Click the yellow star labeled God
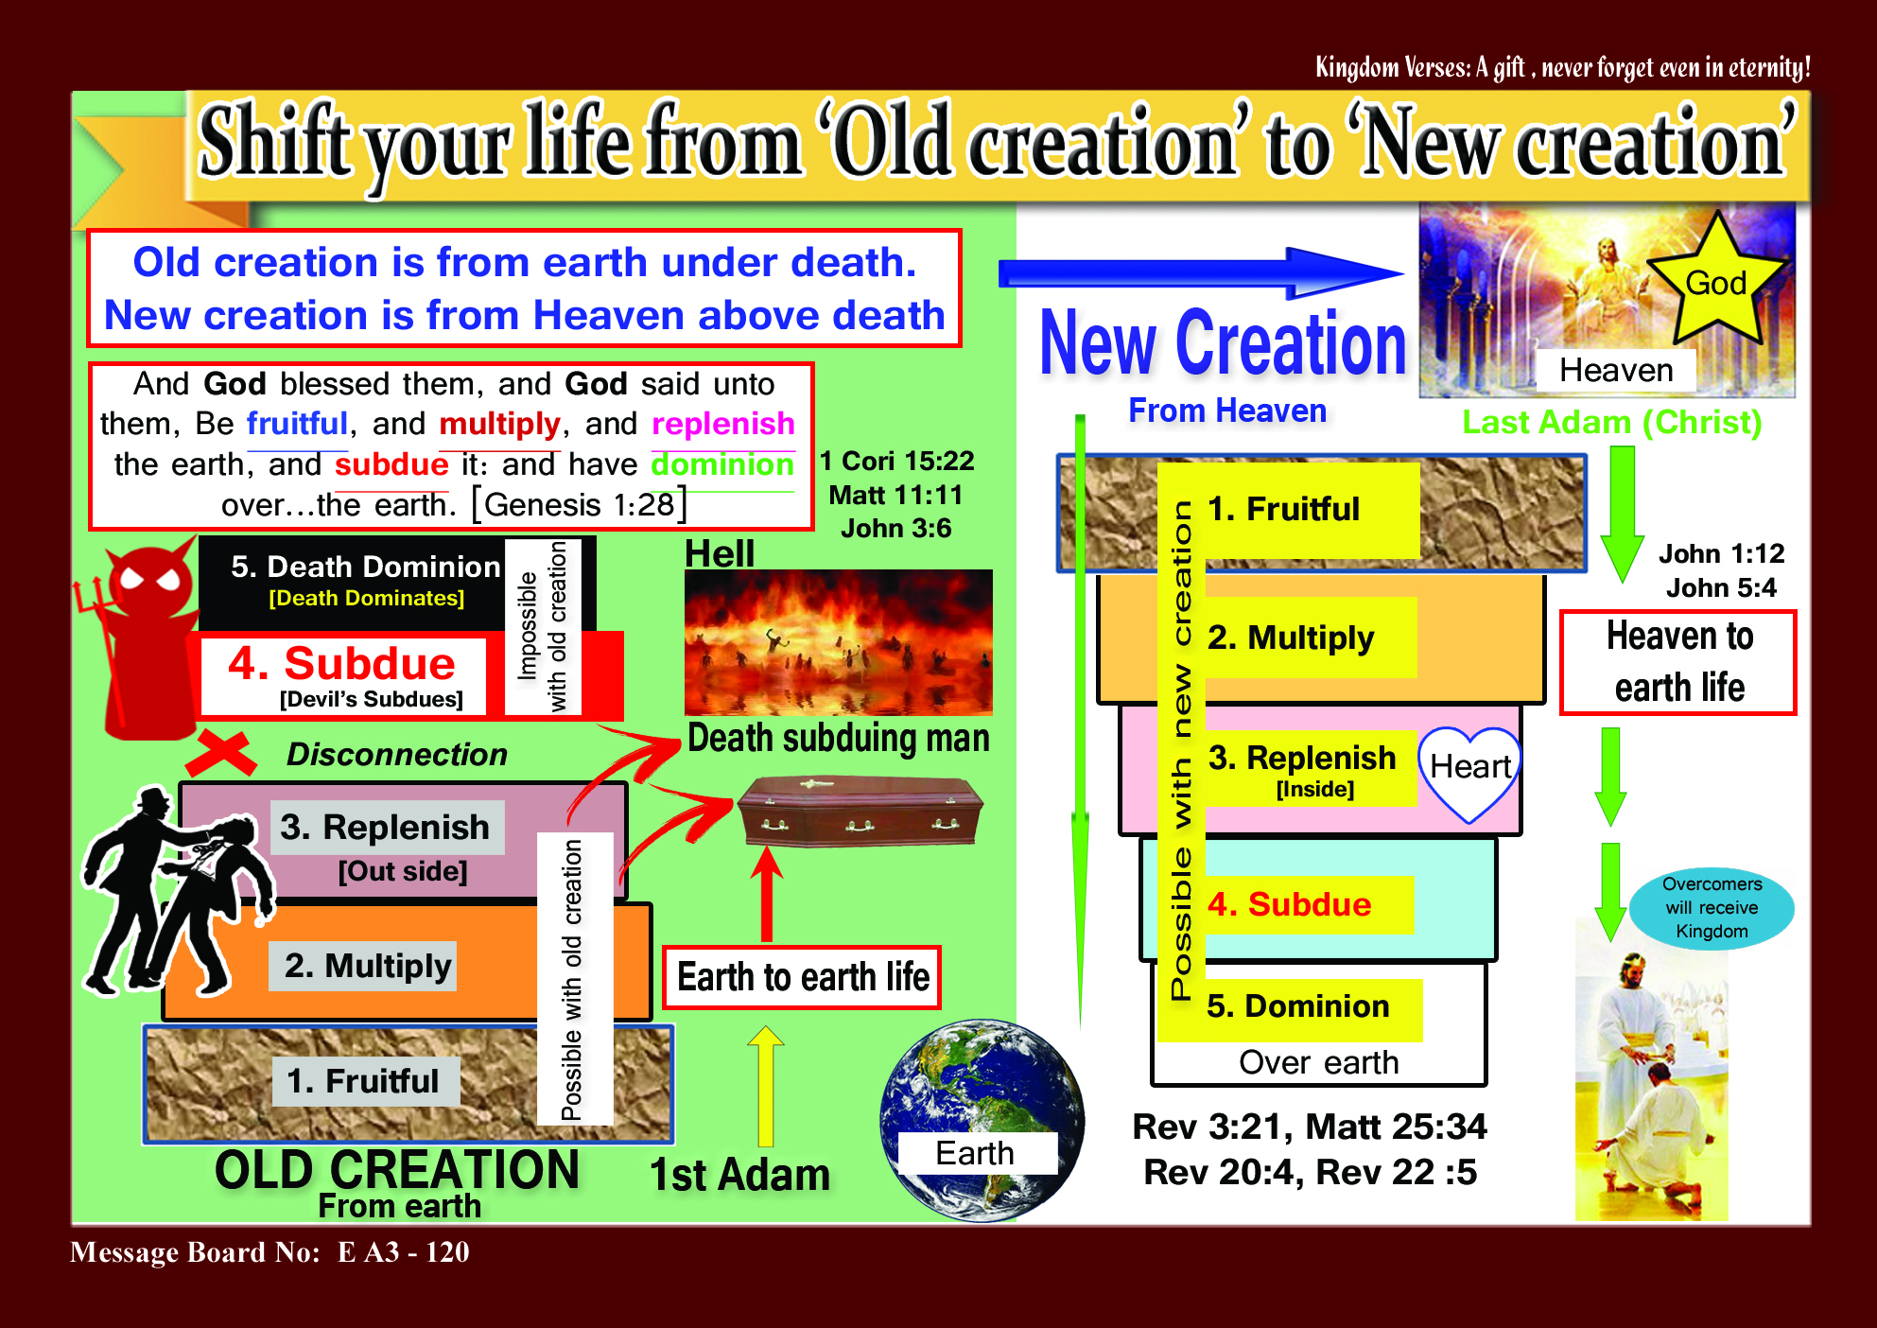(x=1716, y=281)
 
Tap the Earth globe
(x=981, y=1120)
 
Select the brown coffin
(x=860, y=812)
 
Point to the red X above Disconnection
(x=221, y=753)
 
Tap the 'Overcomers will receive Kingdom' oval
(x=1712, y=908)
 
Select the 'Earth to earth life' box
(x=802, y=977)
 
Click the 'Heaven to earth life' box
(x=1678, y=662)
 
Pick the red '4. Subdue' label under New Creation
(x=1290, y=904)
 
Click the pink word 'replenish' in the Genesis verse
(x=723, y=423)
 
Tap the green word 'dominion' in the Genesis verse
(x=722, y=463)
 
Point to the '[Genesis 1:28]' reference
(x=579, y=504)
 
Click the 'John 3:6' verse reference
(x=895, y=528)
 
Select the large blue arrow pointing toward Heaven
(x=1201, y=273)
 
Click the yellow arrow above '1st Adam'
(x=766, y=1086)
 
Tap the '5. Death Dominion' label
(x=365, y=566)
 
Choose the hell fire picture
(x=839, y=642)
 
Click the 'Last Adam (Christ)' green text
(x=1612, y=422)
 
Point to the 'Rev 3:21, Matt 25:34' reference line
(x=1310, y=1127)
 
